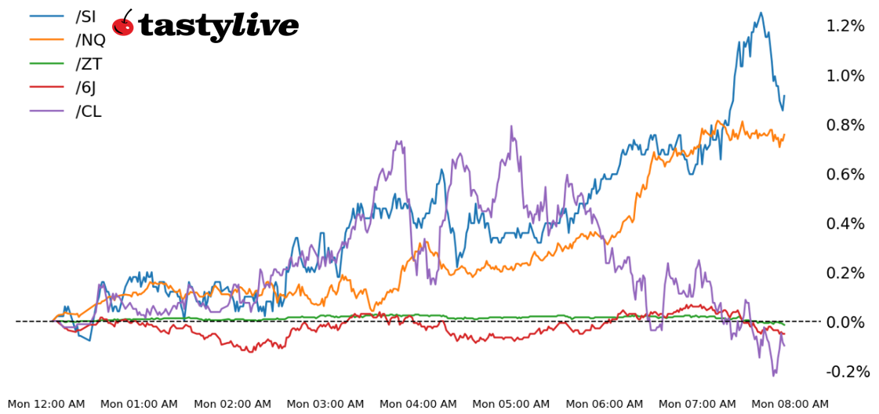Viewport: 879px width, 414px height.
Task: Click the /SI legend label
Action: click(x=85, y=16)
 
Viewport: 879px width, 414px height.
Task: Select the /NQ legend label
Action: click(x=89, y=40)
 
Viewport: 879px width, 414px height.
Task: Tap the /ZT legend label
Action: click(x=88, y=64)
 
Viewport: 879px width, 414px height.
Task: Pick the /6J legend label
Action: click(x=85, y=88)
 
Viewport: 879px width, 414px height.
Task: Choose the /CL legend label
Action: click(x=88, y=111)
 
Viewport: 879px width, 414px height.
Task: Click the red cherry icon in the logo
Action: click(x=123, y=24)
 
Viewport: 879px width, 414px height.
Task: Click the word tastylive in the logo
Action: click(x=218, y=27)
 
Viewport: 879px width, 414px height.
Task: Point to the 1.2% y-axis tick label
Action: click(x=845, y=26)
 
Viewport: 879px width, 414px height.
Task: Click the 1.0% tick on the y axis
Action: click(x=845, y=75)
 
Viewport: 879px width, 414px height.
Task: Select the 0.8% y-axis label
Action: click(x=845, y=125)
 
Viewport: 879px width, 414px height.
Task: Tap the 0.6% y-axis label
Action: click(x=845, y=174)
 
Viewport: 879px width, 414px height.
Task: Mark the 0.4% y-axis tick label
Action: click(x=845, y=223)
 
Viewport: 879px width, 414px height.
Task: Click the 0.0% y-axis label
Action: click(x=845, y=322)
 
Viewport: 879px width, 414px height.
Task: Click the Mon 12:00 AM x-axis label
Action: click(x=46, y=404)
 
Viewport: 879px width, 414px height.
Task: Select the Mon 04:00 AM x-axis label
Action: click(x=418, y=404)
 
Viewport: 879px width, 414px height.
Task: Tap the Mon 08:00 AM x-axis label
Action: click(x=790, y=404)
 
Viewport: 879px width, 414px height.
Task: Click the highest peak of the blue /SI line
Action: click(x=760, y=13)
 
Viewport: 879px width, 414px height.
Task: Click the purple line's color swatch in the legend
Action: click(x=46, y=111)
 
